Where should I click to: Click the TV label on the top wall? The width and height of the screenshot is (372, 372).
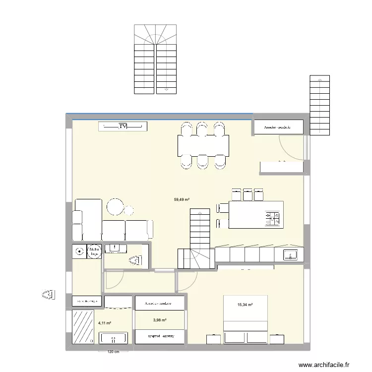tap(123, 127)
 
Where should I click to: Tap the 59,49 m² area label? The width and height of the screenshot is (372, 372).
tap(182, 200)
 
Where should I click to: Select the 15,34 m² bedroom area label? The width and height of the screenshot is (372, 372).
tap(245, 305)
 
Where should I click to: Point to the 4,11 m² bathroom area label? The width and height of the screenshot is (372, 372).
tap(105, 323)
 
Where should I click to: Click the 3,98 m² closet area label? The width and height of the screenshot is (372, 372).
tap(160, 320)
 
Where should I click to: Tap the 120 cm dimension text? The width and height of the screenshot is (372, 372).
tap(114, 352)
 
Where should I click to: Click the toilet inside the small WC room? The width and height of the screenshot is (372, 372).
tap(134, 259)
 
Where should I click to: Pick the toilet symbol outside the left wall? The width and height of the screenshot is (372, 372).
tap(48, 295)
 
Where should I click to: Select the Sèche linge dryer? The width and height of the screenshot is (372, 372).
tap(94, 252)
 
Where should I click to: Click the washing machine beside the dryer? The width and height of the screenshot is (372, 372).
tap(79, 252)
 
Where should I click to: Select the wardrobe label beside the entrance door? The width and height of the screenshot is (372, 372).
tap(277, 127)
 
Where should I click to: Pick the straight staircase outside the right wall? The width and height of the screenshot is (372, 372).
tap(319, 105)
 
